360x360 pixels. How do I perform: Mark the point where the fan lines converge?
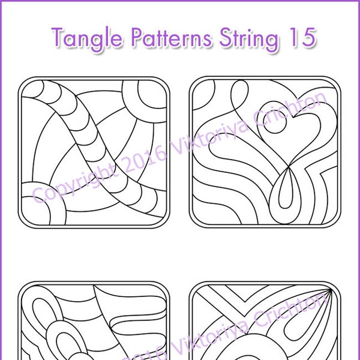pos(328,292)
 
